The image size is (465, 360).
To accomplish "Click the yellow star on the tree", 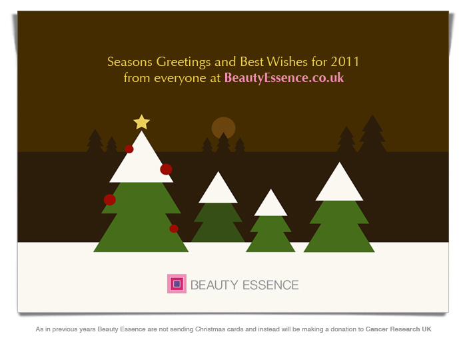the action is coord(141,123).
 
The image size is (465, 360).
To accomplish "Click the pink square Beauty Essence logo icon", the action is coord(177,284).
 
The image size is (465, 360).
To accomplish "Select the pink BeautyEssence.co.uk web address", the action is coord(284,78).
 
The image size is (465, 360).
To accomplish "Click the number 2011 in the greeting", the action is coord(345,62).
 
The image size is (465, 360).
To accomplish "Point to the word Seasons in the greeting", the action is coord(130,62).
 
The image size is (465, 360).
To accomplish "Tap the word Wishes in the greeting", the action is coord(287,62).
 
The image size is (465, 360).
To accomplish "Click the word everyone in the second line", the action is coord(180,79).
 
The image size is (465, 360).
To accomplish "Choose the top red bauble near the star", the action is coord(129,149).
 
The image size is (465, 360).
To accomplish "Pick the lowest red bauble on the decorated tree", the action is coord(174,229).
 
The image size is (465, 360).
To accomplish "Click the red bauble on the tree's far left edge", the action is coord(110,200).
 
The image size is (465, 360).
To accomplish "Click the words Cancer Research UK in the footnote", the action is coord(398,329).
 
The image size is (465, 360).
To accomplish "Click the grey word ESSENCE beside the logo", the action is coord(270,285).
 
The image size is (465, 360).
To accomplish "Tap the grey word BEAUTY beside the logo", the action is coord(214,285).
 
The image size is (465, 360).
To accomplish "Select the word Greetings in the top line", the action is coord(183,62).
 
